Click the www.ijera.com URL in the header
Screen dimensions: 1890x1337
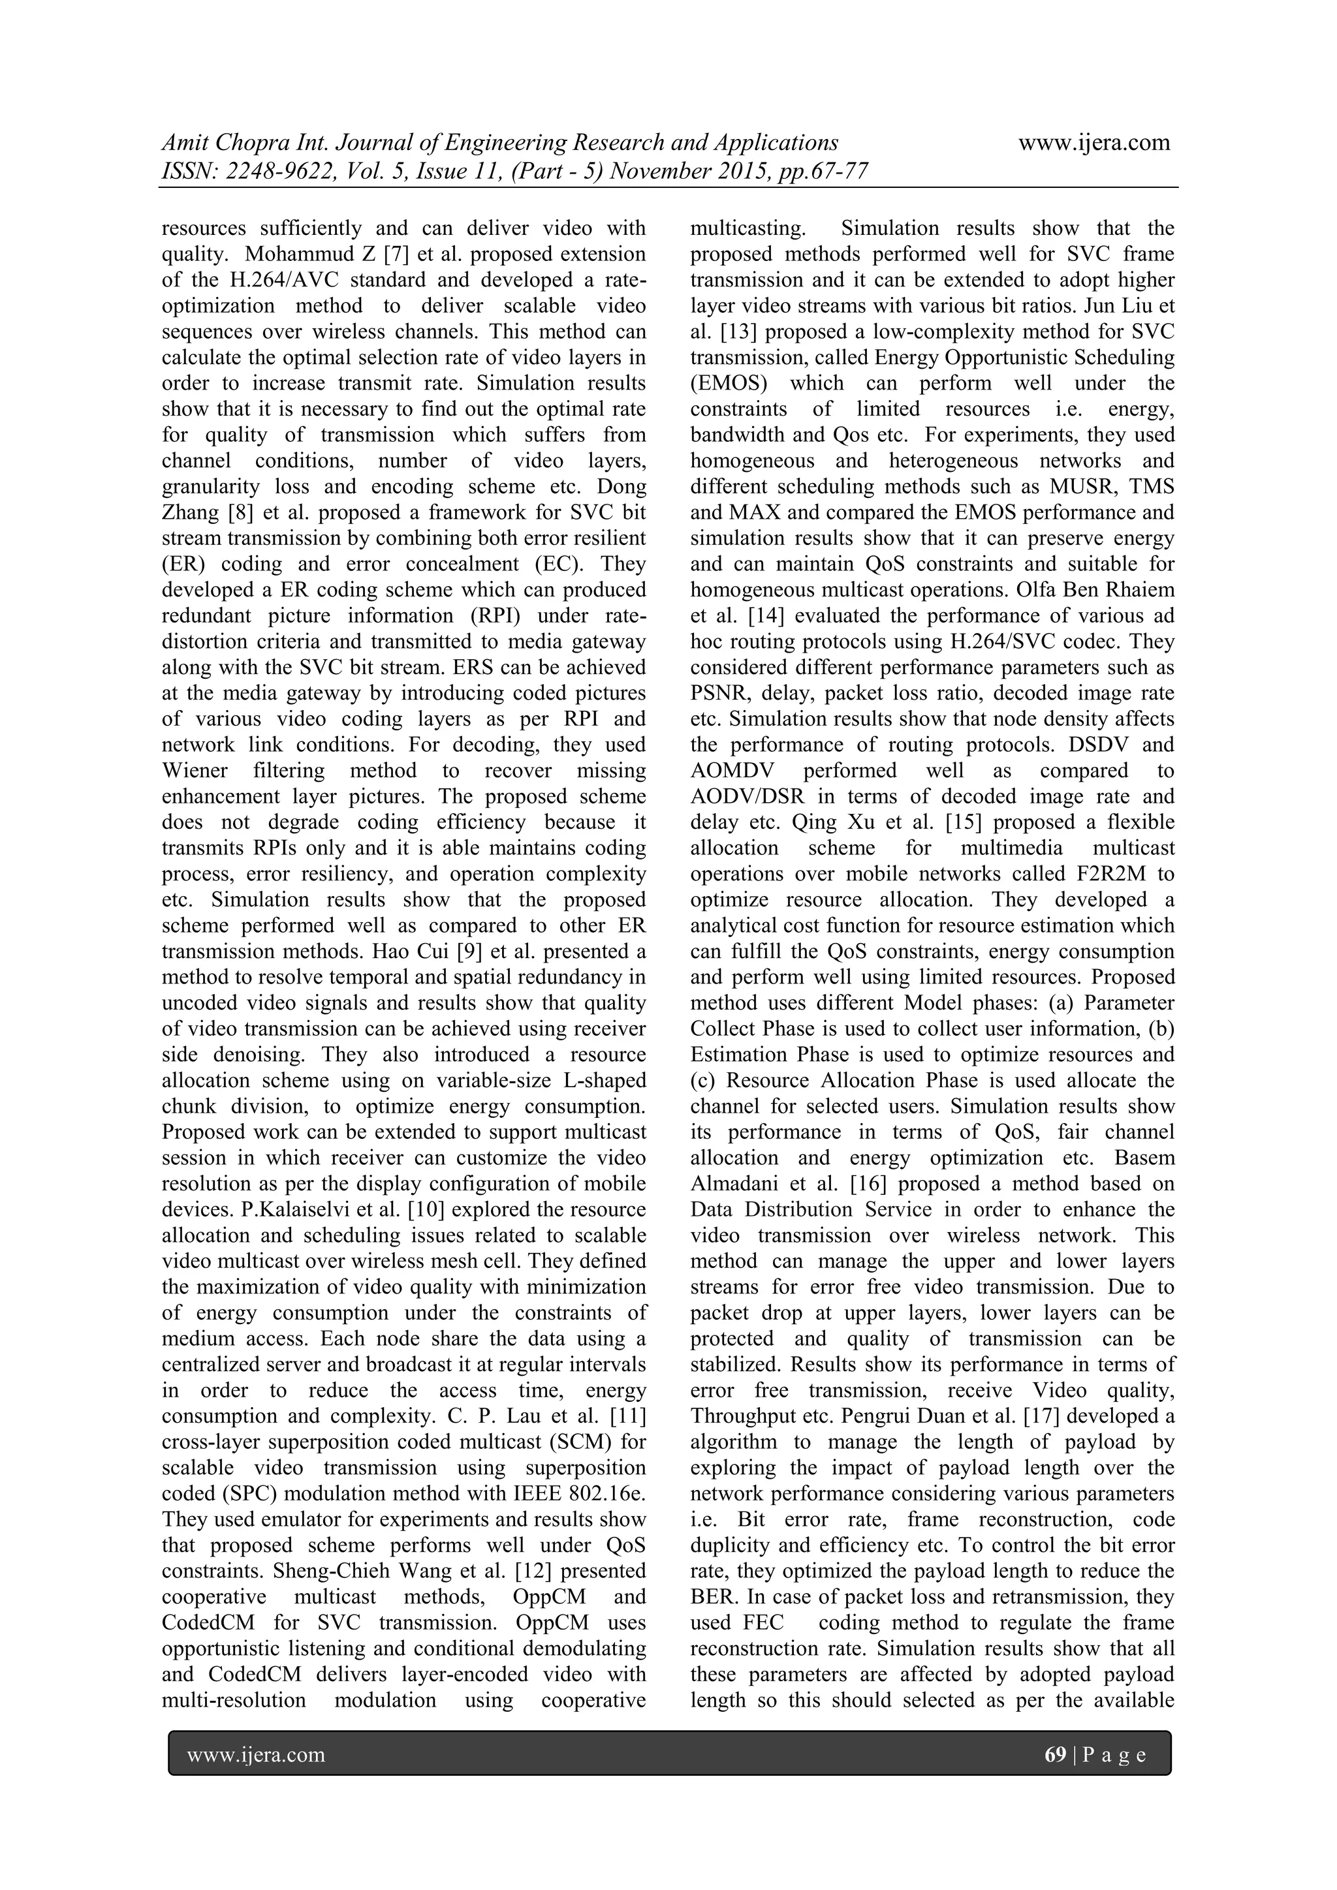[1094, 143]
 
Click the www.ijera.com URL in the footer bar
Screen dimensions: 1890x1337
[256, 1755]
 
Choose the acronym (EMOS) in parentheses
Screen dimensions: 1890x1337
[728, 383]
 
